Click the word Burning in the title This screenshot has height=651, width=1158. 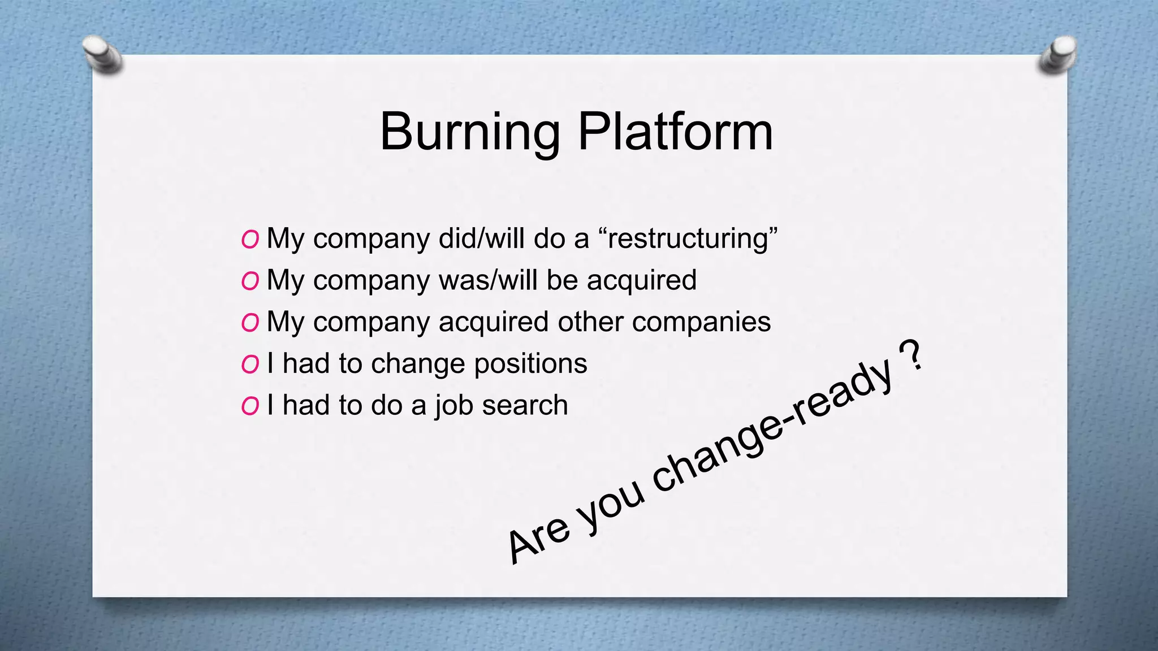pos(469,133)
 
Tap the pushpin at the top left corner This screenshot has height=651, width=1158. pos(102,54)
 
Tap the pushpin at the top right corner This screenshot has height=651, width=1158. pos(1057,55)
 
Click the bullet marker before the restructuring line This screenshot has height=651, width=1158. pos(250,240)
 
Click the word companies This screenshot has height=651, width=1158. pos(701,322)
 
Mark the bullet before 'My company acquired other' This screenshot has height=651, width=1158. pos(250,323)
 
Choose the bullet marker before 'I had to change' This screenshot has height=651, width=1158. pos(250,364)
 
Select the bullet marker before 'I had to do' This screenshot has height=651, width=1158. pos(250,406)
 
